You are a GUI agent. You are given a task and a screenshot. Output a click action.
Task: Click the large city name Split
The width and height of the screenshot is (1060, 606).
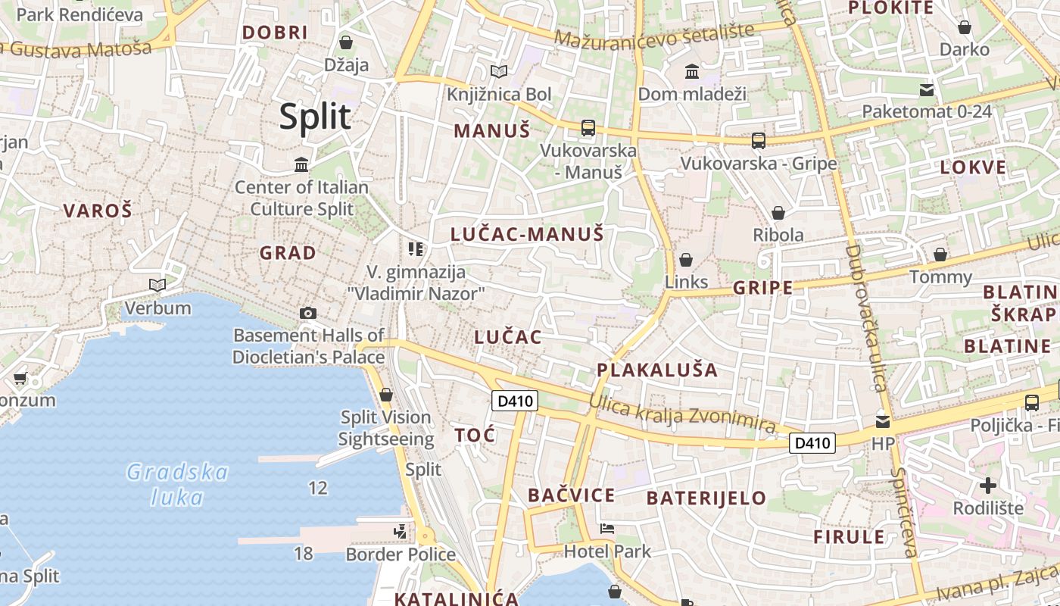(x=315, y=117)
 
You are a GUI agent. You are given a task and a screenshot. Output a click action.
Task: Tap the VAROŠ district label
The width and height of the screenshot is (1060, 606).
(x=97, y=211)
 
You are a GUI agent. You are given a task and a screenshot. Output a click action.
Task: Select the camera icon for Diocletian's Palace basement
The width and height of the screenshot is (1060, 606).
(x=307, y=313)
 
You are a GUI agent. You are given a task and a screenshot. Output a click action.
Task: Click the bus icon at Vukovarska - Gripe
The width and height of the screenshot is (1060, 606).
(x=758, y=141)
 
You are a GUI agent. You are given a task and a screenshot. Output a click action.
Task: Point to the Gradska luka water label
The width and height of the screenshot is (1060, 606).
(x=177, y=485)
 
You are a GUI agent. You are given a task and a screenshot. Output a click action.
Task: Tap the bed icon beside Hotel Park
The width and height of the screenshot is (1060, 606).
(x=606, y=529)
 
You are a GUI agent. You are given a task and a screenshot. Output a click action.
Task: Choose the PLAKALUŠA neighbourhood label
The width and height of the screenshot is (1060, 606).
(x=657, y=370)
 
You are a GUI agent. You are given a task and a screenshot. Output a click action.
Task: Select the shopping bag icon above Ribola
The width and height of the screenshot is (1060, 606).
(x=778, y=213)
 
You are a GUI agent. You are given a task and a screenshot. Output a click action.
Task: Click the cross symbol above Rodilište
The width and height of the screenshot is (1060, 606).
(x=987, y=485)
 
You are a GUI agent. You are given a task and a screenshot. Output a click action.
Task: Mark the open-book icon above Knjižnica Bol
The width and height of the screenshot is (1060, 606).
(x=498, y=72)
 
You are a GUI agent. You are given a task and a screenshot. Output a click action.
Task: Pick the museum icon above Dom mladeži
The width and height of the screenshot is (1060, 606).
(x=691, y=72)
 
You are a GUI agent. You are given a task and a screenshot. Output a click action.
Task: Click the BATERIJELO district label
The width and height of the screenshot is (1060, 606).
(x=706, y=498)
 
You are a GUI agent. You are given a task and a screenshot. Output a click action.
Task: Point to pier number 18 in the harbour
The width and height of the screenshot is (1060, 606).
(x=303, y=554)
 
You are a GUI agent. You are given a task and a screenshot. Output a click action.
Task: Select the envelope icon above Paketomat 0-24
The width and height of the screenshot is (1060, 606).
(x=926, y=90)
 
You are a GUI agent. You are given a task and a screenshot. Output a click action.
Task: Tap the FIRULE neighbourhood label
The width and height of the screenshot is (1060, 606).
(x=849, y=537)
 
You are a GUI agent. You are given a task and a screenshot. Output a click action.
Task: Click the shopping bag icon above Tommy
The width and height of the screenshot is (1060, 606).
(x=940, y=255)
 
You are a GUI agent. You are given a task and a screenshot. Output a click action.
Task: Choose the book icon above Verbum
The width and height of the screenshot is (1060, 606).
(x=157, y=286)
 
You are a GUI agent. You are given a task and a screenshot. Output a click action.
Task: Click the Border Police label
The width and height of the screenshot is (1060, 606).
(x=401, y=554)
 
